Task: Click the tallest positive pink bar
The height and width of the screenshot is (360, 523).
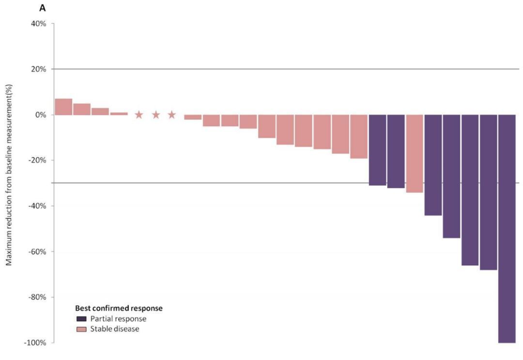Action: click(x=63, y=107)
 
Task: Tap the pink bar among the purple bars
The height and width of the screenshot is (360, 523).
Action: click(x=415, y=154)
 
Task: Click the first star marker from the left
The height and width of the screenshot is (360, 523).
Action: click(x=139, y=115)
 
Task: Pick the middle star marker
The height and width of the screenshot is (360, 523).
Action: click(x=156, y=115)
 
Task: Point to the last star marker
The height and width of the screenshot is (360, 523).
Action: click(x=172, y=115)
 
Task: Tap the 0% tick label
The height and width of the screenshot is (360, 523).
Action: click(x=40, y=115)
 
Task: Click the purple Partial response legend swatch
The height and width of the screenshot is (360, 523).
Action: click(x=81, y=319)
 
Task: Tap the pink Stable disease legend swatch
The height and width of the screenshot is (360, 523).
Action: click(x=81, y=329)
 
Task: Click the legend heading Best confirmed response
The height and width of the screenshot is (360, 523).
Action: click(x=119, y=308)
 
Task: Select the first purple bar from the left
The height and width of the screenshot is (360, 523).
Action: click(x=377, y=150)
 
